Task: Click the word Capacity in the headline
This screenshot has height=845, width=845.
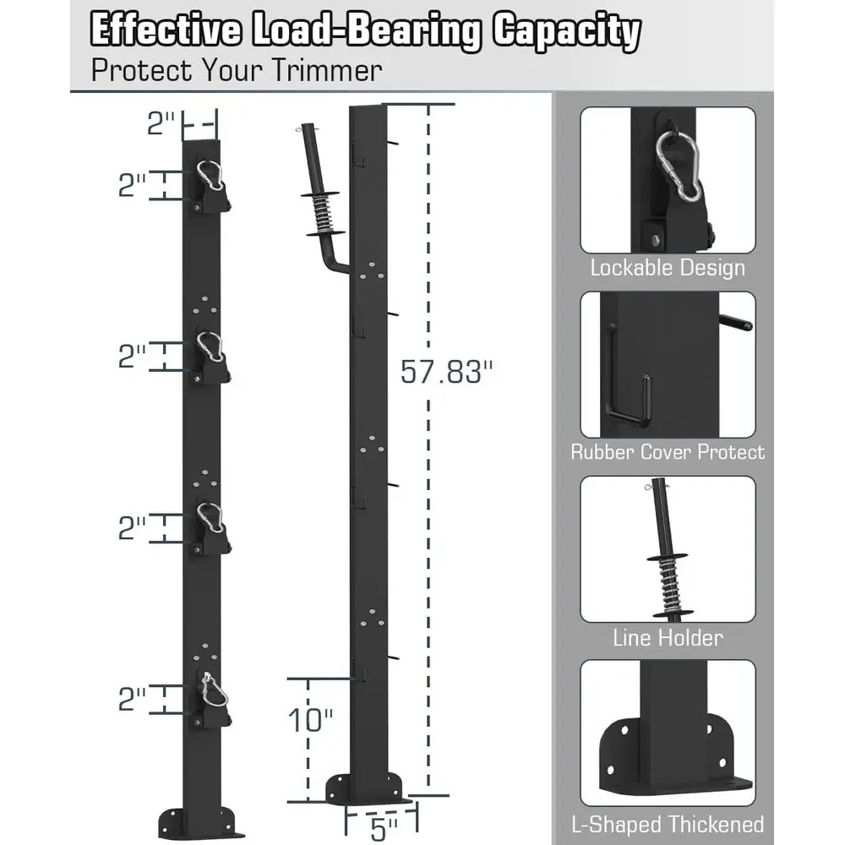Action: point(566,30)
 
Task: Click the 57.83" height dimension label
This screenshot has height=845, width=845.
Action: point(446,371)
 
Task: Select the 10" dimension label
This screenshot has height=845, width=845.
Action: point(310,719)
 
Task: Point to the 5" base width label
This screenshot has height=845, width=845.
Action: point(383,829)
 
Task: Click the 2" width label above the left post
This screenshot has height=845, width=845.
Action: point(161,123)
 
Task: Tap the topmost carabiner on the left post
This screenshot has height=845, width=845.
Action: point(209,175)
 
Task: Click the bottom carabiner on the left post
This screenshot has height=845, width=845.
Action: point(214,690)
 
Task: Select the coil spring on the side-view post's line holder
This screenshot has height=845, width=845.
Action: point(324,214)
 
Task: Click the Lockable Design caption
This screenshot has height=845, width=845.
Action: point(668,268)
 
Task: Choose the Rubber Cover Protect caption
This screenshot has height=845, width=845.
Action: point(668,451)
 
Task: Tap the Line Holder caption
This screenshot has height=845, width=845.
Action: point(668,638)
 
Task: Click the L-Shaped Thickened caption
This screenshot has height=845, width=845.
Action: point(668,825)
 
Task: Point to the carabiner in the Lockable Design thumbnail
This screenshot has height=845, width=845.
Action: point(679,166)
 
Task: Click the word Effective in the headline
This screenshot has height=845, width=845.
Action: point(166,30)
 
